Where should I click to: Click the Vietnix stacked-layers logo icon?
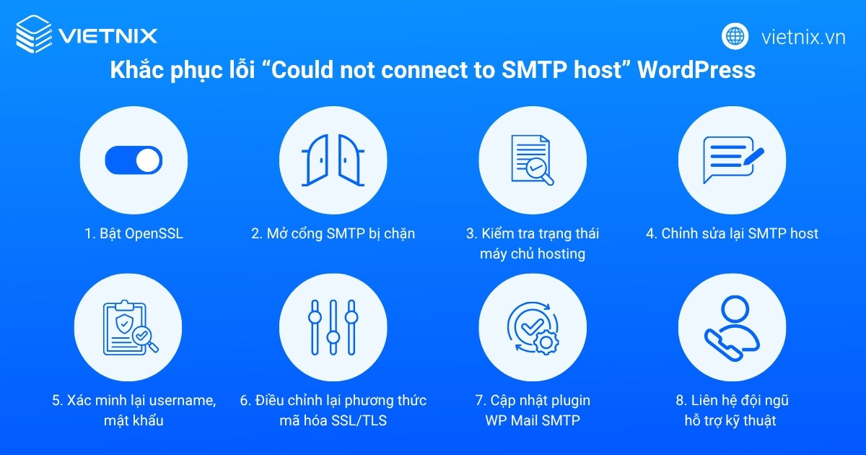(x=33, y=34)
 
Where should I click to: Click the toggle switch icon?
(x=134, y=160)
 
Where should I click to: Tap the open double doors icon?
(x=333, y=160)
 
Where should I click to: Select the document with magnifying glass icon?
(x=533, y=160)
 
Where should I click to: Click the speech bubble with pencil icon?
(x=732, y=160)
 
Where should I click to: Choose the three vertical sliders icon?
(x=333, y=328)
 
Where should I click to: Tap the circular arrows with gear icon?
(x=533, y=328)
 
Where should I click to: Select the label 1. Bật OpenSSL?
(x=133, y=234)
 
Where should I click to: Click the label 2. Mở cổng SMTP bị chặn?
(x=333, y=234)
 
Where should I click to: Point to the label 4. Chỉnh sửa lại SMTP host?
(x=732, y=234)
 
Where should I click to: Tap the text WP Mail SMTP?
(x=533, y=420)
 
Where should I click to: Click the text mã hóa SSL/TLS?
(x=333, y=420)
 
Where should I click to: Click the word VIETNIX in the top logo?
(x=108, y=35)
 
